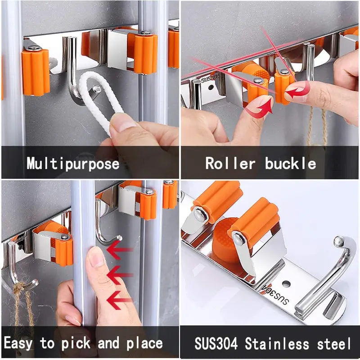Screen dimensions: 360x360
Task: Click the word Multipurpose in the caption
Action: tap(73, 163)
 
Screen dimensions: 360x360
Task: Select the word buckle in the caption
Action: tap(290, 163)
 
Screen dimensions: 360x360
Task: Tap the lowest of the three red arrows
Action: tap(119, 300)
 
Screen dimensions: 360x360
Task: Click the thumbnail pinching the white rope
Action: tap(121, 123)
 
